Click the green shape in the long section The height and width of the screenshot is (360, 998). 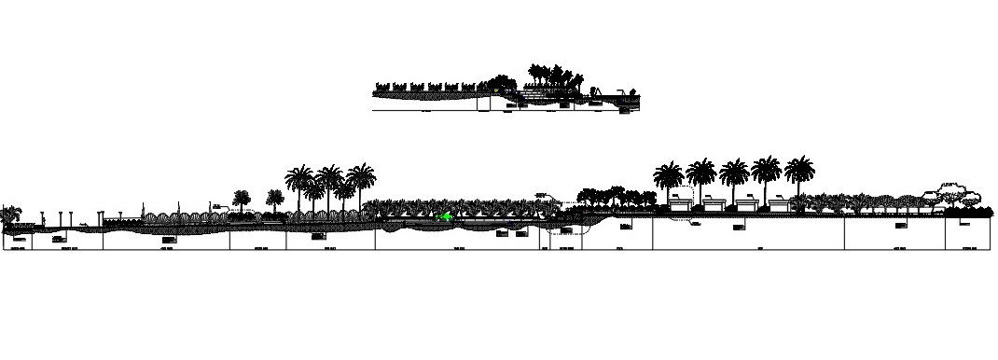pyautogui.click(x=447, y=216)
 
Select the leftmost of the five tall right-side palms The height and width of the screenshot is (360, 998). pyautogui.click(x=669, y=176)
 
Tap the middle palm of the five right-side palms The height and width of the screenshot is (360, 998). pyautogui.click(x=734, y=173)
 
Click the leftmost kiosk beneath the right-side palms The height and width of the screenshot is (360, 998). pyautogui.click(x=682, y=202)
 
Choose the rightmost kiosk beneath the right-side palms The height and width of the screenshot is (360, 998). pyautogui.click(x=779, y=202)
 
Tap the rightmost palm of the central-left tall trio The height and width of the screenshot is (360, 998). pyautogui.click(x=360, y=180)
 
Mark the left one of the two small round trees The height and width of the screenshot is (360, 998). pyautogui.click(x=242, y=198)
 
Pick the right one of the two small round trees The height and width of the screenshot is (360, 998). pyautogui.click(x=274, y=198)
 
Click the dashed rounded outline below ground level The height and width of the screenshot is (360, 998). pyautogui.click(x=564, y=236)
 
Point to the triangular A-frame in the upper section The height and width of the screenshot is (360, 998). pyautogui.click(x=598, y=90)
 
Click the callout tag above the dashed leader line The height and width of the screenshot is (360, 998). pyautogui.click(x=541, y=195)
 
